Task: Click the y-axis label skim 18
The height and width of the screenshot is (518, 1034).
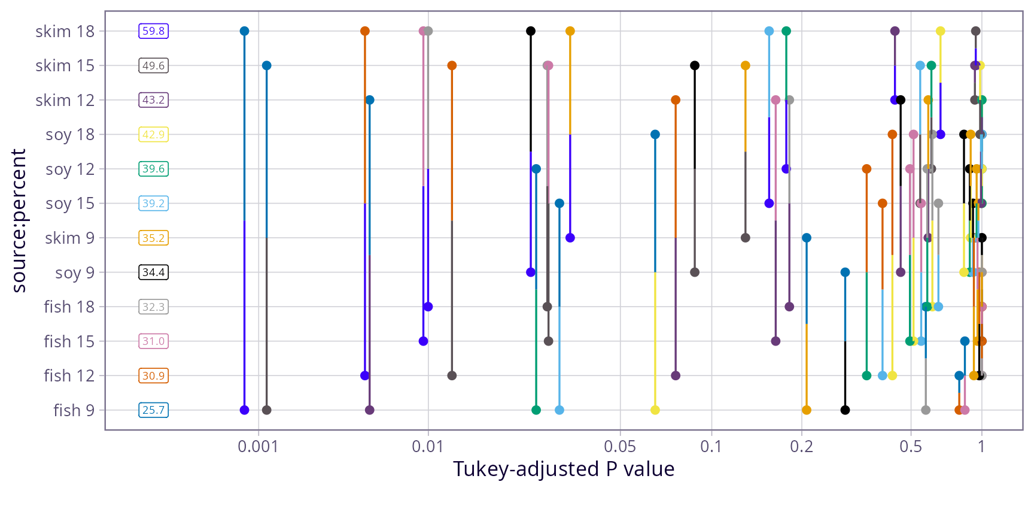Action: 65,31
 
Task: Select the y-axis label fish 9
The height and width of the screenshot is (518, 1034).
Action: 74,410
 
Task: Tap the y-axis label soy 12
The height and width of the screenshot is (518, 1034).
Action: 70,169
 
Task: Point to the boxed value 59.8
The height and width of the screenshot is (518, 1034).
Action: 154,31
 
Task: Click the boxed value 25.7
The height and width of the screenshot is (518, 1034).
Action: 154,410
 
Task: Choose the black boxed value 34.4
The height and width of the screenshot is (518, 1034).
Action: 154,272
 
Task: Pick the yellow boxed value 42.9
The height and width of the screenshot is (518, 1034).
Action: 154,135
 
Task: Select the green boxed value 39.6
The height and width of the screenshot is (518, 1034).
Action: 154,169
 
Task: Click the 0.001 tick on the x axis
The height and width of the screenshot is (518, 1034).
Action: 258,447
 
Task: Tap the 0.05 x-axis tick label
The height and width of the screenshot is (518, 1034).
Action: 620,447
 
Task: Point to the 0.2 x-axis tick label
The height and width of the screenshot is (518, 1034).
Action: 802,447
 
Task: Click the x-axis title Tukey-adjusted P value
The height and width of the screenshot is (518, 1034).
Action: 564,469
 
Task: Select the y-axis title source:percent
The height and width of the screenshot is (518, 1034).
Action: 19,220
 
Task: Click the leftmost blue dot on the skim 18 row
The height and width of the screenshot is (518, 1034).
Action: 244,31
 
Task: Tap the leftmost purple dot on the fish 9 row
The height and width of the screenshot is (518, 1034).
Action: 244,410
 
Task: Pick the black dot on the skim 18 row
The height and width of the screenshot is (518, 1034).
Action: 531,31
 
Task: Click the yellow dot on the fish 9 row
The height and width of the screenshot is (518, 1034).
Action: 655,410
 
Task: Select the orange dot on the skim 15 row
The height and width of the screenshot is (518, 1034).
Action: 452,66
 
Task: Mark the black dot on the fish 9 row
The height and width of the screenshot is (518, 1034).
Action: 845,410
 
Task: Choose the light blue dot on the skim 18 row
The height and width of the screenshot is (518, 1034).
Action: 769,31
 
